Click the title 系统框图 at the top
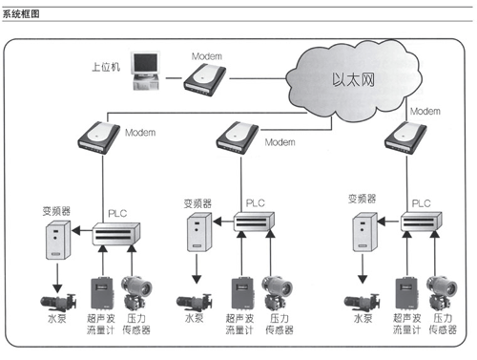pos(21,14)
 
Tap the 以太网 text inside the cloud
pos(353,79)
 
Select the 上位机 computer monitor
pos(146,63)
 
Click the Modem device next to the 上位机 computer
pos(205,79)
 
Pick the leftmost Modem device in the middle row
pos(99,138)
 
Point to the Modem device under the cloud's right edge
pos(405,138)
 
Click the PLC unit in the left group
pos(116,234)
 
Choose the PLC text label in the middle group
pos(256,202)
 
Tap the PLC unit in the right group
pos(421,221)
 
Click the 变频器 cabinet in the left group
pos(58,240)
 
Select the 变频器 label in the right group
pos(362,199)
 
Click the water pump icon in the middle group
pos(195,303)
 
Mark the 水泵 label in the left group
pos(57,318)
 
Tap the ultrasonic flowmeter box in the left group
pos(102,293)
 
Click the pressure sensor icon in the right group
pos(442,293)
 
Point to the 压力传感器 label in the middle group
pos(280,324)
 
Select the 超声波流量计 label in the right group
pos(406,324)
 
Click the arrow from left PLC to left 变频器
pos(82,231)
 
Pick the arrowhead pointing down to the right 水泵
pos(363,279)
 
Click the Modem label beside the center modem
pos(280,142)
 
